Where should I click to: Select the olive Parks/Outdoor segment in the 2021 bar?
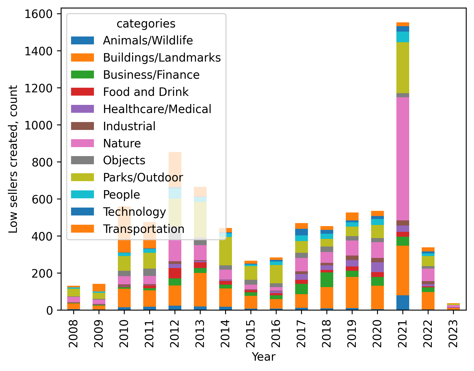[x=403, y=68]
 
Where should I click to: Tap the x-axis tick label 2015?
[x=251, y=333]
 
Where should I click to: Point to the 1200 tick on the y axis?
[x=38, y=88]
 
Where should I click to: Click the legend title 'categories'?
[x=146, y=24]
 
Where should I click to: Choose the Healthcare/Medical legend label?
[x=157, y=109]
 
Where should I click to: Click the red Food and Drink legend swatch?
[x=82, y=92]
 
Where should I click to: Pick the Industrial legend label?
[x=129, y=126]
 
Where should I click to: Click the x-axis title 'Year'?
[x=264, y=357]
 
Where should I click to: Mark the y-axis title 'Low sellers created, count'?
[x=13, y=159]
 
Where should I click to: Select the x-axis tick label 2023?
[x=453, y=333]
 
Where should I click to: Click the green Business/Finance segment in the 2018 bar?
[x=327, y=279]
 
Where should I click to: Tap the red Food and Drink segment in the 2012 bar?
[x=175, y=273]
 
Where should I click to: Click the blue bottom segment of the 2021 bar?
[x=403, y=303]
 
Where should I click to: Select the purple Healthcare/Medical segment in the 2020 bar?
[x=377, y=267]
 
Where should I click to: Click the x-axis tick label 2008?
[x=74, y=333]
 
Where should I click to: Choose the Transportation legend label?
[x=143, y=229]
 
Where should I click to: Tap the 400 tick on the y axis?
[x=38, y=236]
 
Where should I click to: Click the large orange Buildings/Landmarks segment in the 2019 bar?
[x=352, y=293]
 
